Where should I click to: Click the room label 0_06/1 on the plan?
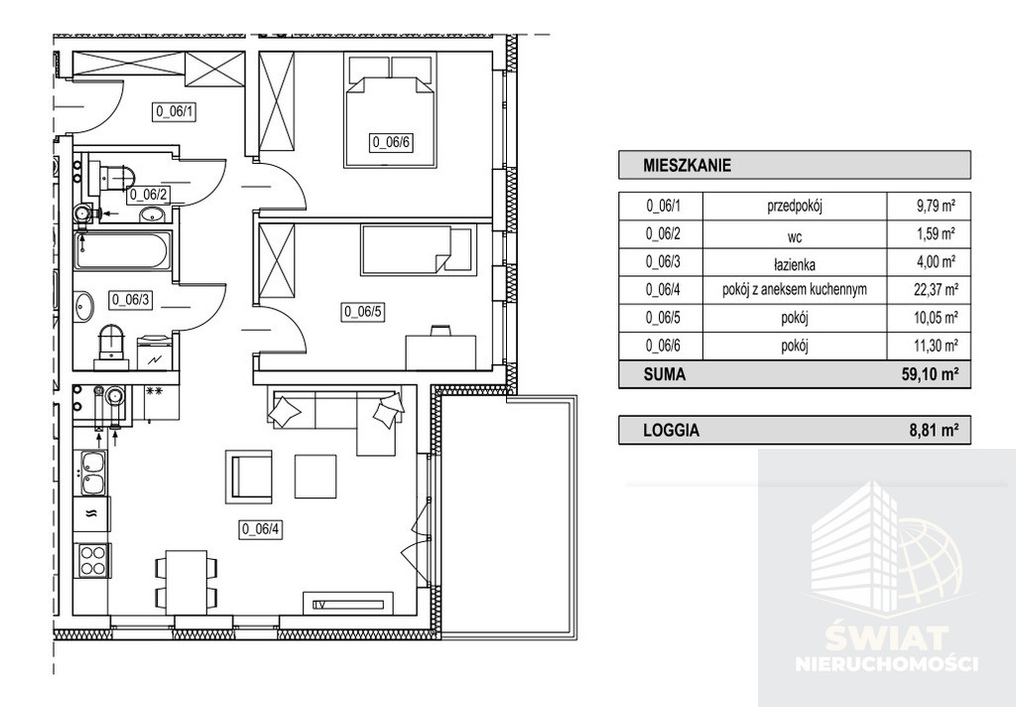pyautogui.click(x=175, y=111)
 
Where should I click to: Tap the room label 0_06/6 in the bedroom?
pyautogui.click(x=391, y=142)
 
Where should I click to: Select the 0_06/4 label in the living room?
pyautogui.click(x=262, y=529)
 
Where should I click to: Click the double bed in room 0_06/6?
pyautogui.click(x=390, y=111)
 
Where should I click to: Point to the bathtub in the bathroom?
pyautogui.click(x=122, y=251)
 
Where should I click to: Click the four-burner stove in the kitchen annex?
pyautogui.click(x=92, y=560)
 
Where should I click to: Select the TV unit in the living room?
pyautogui.click(x=348, y=602)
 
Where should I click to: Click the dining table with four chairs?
pyautogui.click(x=187, y=582)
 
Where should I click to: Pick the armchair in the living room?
pyautogui.click(x=249, y=477)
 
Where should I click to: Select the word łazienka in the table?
pyautogui.click(x=794, y=264)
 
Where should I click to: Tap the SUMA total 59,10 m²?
pyautogui.click(x=929, y=374)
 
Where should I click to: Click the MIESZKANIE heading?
pyautogui.click(x=687, y=166)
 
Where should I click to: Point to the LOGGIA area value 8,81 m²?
pyautogui.click(x=934, y=429)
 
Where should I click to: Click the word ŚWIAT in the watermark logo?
pyautogui.click(x=886, y=638)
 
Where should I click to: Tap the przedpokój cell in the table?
pyautogui.click(x=795, y=208)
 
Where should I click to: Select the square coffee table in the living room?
pyautogui.click(x=316, y=476)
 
